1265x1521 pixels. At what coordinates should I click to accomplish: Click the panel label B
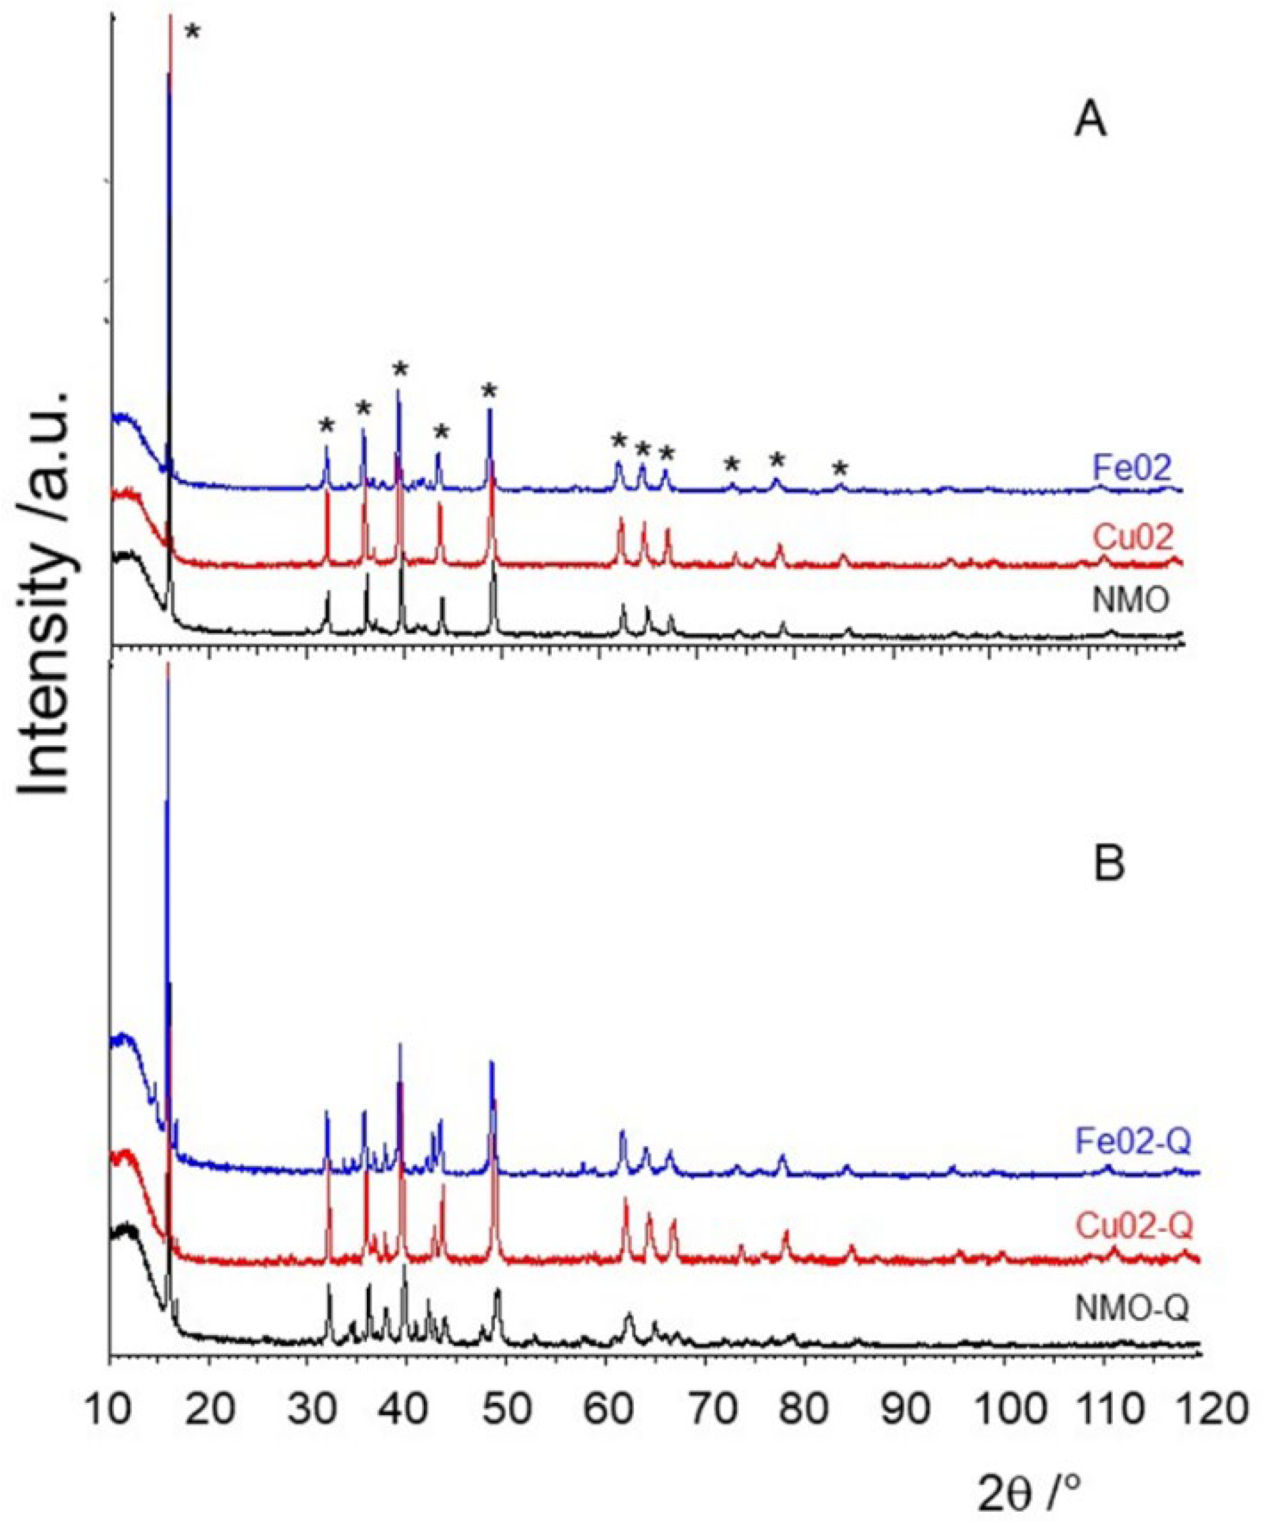[1108, 863]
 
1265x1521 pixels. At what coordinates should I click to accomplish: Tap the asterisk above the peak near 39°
[400, 370]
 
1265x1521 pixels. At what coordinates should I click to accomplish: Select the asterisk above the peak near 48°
[489, 392]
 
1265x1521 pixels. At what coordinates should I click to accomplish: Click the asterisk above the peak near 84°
[839, 467]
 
